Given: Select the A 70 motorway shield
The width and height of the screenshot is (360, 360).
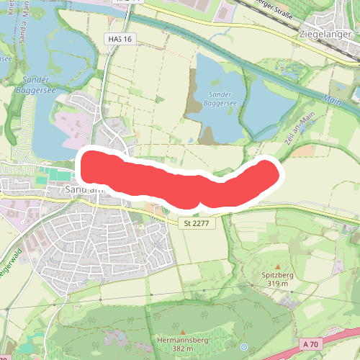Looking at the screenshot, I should coord(311,345).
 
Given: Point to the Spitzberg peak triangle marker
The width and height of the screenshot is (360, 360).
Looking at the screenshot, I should coord(276,266).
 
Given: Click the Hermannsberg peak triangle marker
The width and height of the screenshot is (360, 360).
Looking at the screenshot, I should coord(182,331).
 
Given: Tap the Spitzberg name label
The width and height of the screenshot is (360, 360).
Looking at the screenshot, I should coord(276,275).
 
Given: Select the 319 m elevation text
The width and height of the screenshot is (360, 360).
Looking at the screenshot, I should coord(276,284).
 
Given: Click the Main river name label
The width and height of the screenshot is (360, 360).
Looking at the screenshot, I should coord(332,99).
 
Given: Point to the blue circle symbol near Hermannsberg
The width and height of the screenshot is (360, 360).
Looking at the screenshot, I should coord(244,347).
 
